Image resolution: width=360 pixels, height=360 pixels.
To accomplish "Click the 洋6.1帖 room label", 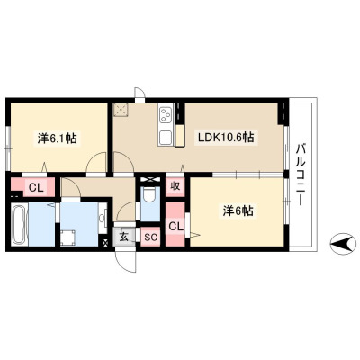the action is tap(57, 139).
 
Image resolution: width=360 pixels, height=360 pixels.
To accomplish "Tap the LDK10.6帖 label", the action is tap(225, 138).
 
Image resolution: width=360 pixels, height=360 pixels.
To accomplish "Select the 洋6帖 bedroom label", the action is tap(238, 211).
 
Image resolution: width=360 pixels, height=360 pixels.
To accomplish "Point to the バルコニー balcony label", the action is tap(301, 175).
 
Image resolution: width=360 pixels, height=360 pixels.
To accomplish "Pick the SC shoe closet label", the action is tap(150, 238).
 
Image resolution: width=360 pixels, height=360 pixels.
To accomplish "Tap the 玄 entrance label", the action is tap(124, 237).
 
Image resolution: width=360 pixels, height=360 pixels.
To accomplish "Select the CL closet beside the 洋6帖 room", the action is tap(175, 227).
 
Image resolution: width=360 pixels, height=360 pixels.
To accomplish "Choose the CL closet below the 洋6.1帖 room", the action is tap(36, 188).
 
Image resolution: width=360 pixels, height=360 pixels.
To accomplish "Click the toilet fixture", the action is tap(148, 194).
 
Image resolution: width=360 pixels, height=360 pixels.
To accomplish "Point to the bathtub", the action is tap(20, 224).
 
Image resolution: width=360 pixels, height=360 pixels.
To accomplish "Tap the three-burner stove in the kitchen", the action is tap(166, 115).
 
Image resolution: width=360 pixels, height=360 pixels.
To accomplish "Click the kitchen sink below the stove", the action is tap(166, 138).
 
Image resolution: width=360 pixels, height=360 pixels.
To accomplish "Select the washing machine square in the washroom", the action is tap(67, 238).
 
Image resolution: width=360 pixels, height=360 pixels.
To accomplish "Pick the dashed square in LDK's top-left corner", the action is tap(121, 110).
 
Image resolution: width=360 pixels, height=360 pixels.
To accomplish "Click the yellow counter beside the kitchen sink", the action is tap(179, 136).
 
